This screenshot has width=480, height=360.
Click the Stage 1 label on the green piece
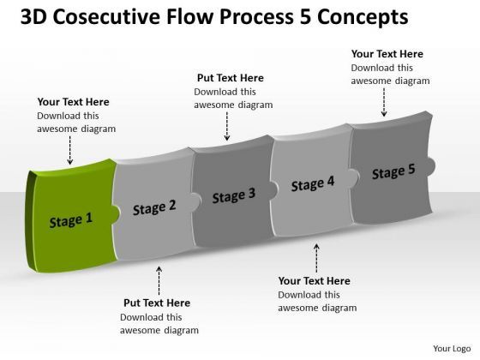coord(70,220)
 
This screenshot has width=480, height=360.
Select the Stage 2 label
coord(154,207)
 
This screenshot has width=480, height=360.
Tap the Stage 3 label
coord(233,195)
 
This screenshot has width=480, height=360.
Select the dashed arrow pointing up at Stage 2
coord(158,279)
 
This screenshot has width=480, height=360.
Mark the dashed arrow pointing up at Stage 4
coord(316,256)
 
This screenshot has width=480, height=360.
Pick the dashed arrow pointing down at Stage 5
coord(384,104)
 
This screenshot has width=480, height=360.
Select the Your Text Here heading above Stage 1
coord(73,102)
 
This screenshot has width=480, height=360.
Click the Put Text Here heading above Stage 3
coord(230,78)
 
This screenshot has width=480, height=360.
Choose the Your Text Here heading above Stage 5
coord(387,54)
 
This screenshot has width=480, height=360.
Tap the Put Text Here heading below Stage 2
coord(157,303)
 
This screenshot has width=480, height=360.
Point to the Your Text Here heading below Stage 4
coord(315,280)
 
